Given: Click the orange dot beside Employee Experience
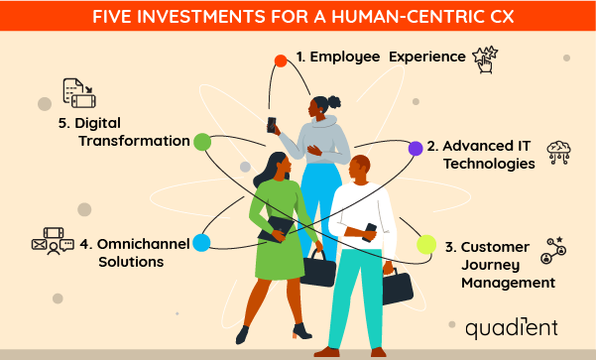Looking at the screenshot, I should [x=281, y=61].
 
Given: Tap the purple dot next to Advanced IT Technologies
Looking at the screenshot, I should [x=416, y=149].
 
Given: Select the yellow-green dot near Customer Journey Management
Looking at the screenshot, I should [x=426, y=244].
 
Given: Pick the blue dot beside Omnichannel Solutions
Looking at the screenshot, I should [x=201, y=243].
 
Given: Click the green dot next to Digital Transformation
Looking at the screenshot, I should [x=202, y=142].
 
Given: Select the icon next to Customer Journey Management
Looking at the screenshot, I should [x=552, y=251].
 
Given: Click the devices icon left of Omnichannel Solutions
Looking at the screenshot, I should [x=53, y=239].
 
